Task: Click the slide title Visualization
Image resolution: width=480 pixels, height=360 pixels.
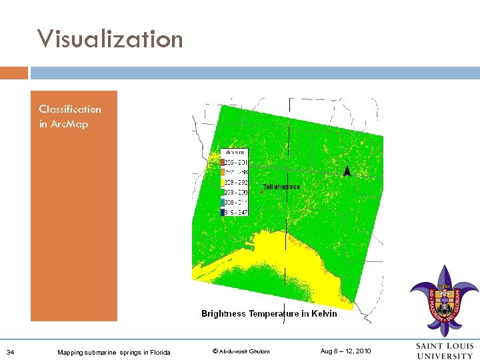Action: (110, 39)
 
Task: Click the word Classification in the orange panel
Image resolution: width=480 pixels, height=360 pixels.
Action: (70, 109)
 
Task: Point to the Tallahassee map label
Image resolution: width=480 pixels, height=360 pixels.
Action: (281, 187)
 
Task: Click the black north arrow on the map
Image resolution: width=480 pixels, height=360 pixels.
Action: (347, 171)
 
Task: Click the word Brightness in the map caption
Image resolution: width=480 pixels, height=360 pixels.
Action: (223, 313)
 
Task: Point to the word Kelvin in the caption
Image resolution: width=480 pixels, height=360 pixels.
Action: (321, 313)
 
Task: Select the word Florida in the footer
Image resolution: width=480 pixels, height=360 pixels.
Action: (159, 352)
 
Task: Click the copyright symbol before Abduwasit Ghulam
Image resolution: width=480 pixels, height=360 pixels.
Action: (215, 351)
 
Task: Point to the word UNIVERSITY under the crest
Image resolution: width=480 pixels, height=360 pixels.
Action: (445, 355)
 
